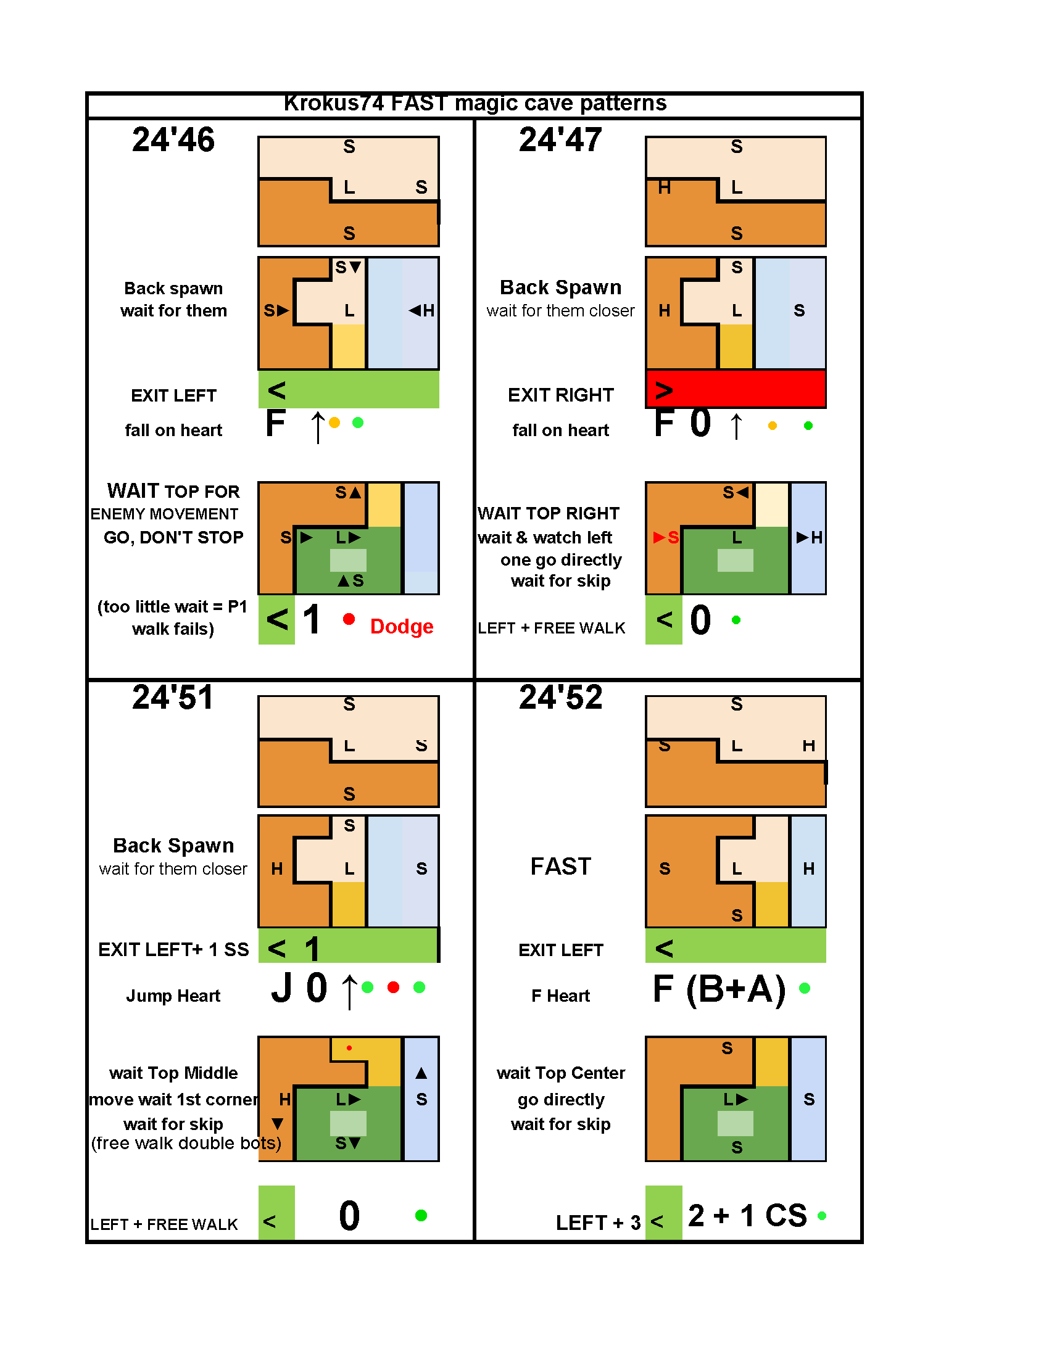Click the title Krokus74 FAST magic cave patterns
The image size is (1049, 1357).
coord(475,103)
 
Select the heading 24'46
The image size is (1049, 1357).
coord(173,139)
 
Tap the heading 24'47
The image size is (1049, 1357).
coord(560,139)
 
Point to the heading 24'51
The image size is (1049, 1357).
coord(173,697)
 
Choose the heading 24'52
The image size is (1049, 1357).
coord(560,697)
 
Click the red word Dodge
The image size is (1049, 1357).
coord(402,626)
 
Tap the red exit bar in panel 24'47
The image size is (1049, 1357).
coord(736,389)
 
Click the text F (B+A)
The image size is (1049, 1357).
coord(719,989)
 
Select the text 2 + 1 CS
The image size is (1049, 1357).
coord(747,1215)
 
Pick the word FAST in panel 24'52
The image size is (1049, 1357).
coord(560,866)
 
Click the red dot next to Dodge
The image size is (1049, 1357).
coord(349,619)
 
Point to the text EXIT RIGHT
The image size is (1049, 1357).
coord(560,395)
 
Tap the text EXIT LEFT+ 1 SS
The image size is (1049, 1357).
coord(173,949)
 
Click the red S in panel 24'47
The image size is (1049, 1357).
coord(673,537)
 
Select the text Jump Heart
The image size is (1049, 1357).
coord(173,996)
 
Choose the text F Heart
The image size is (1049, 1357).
coord(560,996)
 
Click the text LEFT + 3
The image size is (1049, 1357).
coord(598,1223)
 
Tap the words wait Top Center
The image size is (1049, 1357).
coord(560,1073)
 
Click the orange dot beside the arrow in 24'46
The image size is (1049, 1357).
coord(334,423)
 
